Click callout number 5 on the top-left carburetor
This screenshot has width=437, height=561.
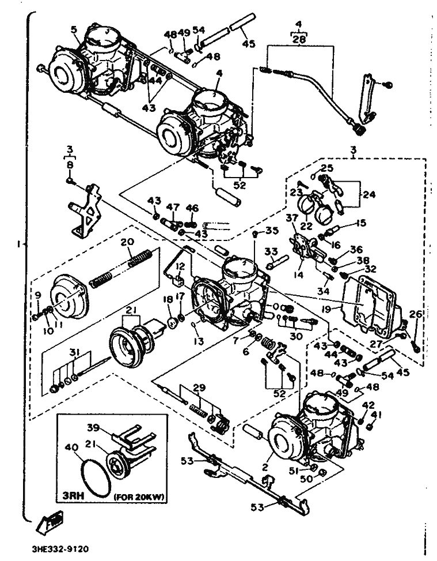[x=74, y=28]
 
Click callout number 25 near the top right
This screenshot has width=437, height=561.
[x=327, y=168]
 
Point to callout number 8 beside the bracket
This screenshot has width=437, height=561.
[x=70, y=165]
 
